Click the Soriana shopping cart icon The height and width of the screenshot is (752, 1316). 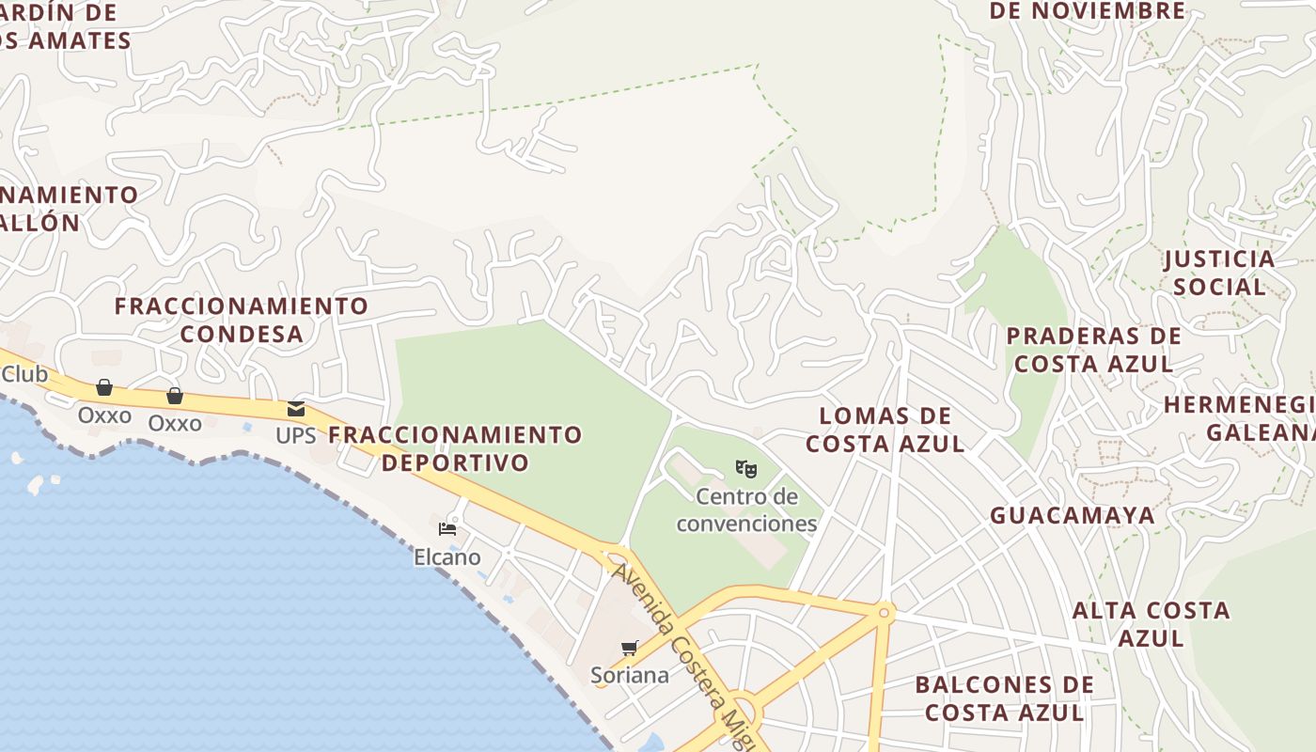point(630,648)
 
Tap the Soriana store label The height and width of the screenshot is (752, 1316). point(630,675)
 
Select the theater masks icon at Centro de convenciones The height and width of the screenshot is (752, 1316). point(746,468)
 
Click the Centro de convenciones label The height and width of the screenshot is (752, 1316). point(746,509)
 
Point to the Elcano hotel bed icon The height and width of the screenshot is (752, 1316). point(447,529)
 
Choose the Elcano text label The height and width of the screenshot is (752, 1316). point(447,557)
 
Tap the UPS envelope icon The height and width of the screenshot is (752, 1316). point(296,409)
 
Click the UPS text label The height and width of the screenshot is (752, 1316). point(296,436)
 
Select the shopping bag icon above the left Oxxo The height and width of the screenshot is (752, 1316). point(104,387)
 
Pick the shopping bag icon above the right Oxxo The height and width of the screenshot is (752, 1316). point(175,396)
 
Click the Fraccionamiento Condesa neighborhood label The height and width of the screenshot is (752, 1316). point(242,320)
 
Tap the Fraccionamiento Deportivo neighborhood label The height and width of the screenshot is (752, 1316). point(456,448)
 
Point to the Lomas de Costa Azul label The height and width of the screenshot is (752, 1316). point(885,430)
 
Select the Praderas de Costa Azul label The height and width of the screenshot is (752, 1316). point(1094,350)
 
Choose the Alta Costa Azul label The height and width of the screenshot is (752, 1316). point(1151,624)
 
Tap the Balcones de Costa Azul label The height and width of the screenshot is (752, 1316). point(1005,698)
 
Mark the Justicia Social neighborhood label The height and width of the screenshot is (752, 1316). point(1220,273)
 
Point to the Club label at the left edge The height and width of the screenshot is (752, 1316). point(24,374)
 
